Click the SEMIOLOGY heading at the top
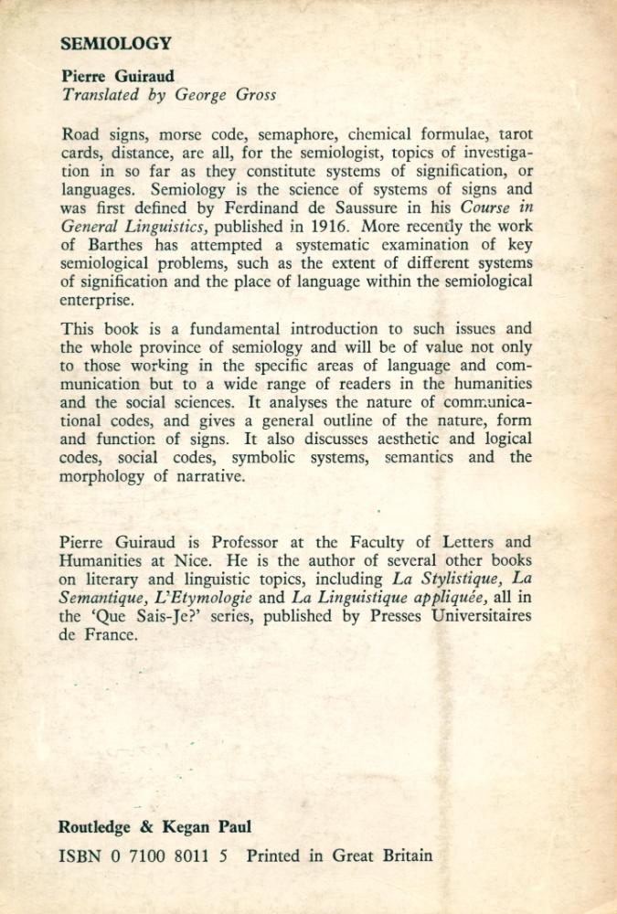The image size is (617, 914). coord(115,43)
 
